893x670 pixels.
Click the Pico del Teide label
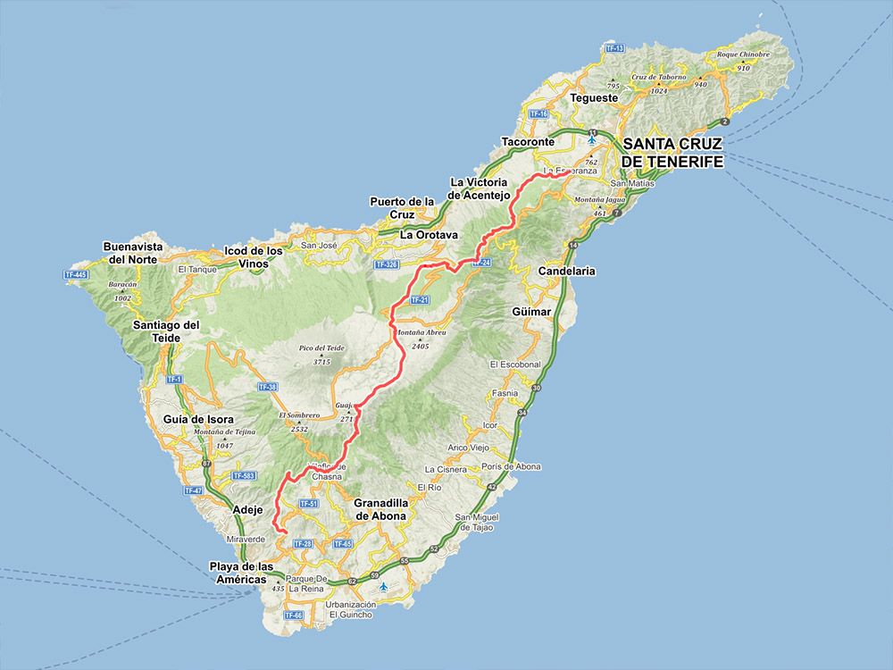click(x=323, y=348)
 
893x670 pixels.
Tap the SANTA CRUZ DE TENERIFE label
click(x=672, y=152)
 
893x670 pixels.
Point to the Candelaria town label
click(x=567, y=271)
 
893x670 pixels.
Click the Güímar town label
click(x=533, y=312)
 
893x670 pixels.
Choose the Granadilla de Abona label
click(x=380, y=509)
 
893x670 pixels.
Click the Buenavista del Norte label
click(x=130, y=252)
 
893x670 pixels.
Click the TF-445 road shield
click(x=77, y=275)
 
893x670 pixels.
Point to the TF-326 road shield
click(x=387, y=265)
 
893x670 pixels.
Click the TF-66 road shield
click(x=293, y=616)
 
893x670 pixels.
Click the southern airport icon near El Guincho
click(x=383, y=587)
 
